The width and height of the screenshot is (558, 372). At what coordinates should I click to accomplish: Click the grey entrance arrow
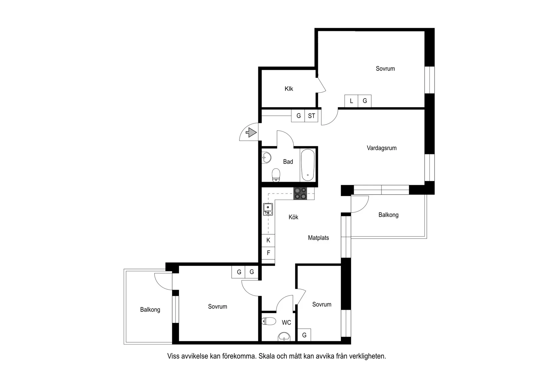tap(251, 132)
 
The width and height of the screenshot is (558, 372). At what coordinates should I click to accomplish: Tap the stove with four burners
tap(300, 194)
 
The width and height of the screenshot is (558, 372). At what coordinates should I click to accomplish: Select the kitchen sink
tap(268, 209)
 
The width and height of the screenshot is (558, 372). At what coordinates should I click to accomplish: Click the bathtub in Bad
tap(308, 165)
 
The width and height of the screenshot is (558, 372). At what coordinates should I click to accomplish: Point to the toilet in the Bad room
tap(276, 175)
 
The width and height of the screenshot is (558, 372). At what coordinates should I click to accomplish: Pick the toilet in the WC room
tap(269, 321)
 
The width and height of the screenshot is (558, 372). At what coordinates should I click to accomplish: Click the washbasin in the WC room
tap(284, 336)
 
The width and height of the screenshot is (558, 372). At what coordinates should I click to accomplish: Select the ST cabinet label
tap(311, 116)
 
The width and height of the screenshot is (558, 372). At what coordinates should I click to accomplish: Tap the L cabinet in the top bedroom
tap(351, 101)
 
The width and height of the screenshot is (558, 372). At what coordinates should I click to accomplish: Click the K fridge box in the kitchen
tap(268, 240)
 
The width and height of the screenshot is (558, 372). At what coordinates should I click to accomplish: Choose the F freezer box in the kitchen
tap(268, 253)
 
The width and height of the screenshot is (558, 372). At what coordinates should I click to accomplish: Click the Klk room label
tap(289, 89)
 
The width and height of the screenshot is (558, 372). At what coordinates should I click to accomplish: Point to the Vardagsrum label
tap(381, 148)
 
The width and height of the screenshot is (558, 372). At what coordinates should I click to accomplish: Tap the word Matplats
tap(318, 238)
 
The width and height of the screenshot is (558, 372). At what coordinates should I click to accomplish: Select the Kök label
tap(294, 217)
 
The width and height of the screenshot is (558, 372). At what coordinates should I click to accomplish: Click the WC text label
tap(286, 323)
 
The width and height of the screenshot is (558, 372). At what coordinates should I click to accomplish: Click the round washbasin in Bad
tap(266, 158)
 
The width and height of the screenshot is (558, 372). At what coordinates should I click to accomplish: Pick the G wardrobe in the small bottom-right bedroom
tap(304, 335)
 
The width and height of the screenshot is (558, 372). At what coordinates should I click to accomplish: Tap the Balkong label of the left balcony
tap(150, 310)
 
